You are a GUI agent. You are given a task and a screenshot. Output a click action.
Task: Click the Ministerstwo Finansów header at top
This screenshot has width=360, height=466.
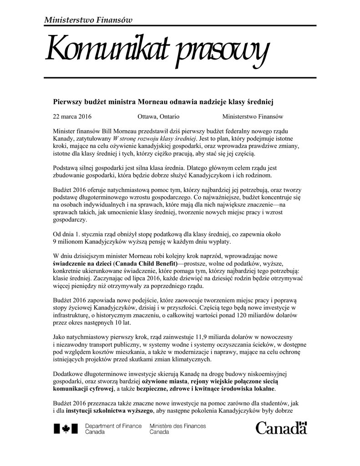coord(88,19)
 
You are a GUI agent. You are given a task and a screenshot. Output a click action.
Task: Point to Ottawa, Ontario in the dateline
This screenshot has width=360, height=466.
coord(158,116)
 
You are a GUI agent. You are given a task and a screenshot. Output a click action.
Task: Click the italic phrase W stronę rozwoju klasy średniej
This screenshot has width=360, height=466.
coord(154,138)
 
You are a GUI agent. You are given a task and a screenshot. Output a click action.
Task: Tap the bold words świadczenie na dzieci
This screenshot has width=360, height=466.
coord(82,263)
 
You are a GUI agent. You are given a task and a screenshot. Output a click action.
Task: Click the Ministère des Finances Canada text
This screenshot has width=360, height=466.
coord(177,429)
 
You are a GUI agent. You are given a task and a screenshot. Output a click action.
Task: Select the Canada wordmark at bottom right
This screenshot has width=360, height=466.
coord(281,429)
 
